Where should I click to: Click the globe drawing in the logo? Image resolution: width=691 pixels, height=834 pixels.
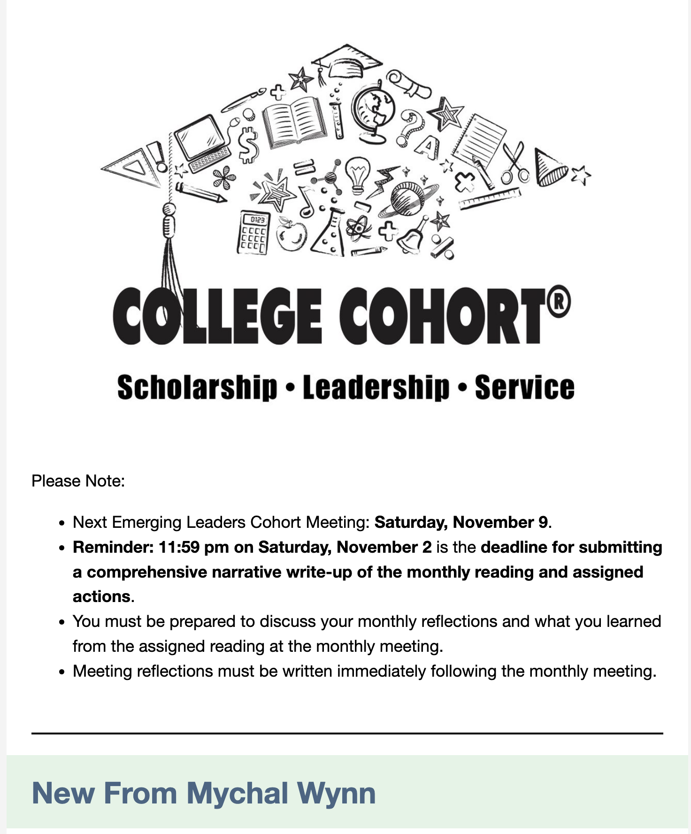pyautogui.click(x=374, y=113)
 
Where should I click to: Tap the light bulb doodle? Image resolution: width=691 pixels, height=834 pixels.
pyautogui.click(x=358, y=174)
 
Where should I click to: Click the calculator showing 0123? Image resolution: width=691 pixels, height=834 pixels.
pyautogui.click(x=254, y=232)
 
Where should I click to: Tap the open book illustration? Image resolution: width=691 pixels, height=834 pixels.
pyautogui.click(x=294, y=121)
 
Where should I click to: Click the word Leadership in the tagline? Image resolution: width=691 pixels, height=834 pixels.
pyautogui.click(x=376, y=388)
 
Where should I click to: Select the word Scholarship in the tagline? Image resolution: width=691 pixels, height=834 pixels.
pyautogui.click(x=197, y=388)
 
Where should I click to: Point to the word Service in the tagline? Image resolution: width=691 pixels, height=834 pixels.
pyautogui.click(x=524, y=388)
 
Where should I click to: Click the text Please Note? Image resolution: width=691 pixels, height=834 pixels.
pyautogui.click(x=78, y=481)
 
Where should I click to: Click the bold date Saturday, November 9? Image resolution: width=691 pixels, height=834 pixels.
pyautogui.click(x=461, y=522)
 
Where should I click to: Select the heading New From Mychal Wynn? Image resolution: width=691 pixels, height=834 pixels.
pyautogui.click(x=204, y=793)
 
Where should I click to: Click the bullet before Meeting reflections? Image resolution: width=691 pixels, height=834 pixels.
pyautogui.click(x=61, y=672)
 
